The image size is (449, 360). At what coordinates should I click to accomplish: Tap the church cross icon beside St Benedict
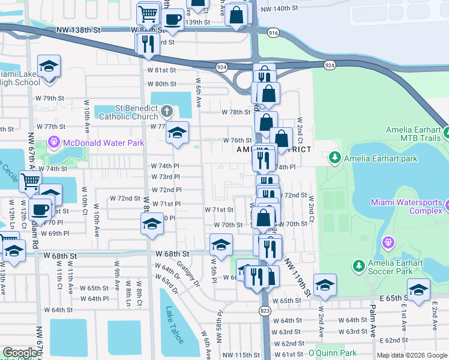[x=167, y=111]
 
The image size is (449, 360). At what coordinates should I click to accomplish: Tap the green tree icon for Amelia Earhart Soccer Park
[x=358, y=265]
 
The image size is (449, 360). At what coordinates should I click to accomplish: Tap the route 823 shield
[x=265, y=310]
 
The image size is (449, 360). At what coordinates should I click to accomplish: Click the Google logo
[x=19, y=353]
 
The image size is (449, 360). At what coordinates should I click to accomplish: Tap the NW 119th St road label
[x=298, y=277]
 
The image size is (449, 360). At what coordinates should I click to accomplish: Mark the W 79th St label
[x=49, y=98]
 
